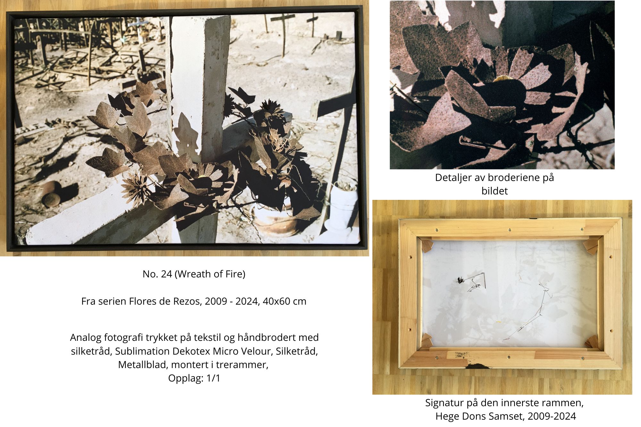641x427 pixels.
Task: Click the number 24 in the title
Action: click(166, 274)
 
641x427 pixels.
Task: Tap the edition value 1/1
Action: click(213, 378)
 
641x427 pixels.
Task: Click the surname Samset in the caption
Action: click(507, 416)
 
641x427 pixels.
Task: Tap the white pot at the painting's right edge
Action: click(341, 207)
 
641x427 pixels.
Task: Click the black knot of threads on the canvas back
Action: click(461, 280)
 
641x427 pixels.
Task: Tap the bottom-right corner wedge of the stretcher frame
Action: click(592, 341)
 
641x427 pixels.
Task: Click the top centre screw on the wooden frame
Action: click(510, 230)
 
